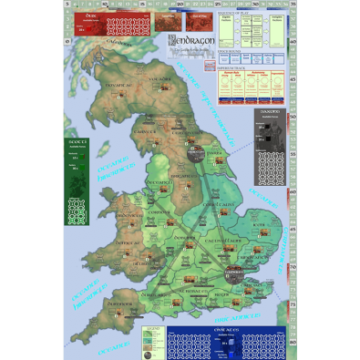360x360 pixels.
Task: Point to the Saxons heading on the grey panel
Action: pos(271,113)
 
